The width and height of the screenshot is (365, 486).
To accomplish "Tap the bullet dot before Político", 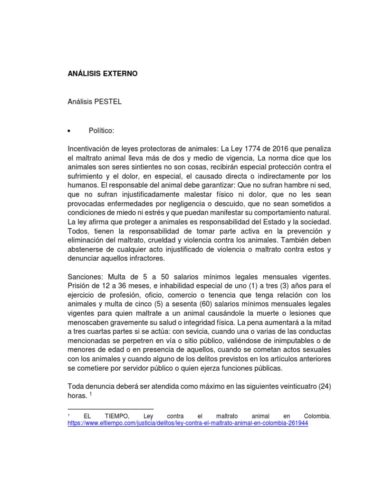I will [70, 131].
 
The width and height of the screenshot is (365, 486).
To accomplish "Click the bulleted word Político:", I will [101, 131].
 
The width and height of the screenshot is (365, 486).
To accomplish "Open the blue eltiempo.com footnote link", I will [188, 423].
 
